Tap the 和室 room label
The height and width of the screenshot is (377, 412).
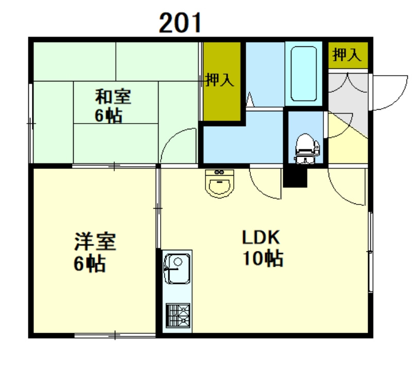pyautogui.click(x=113, y=96)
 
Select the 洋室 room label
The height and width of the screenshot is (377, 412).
pyautogui.click(x=95, y=241)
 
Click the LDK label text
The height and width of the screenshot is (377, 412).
pyautogui.click(x=261, y=237)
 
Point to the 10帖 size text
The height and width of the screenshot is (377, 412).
pyautogui.click(x=263, y=259)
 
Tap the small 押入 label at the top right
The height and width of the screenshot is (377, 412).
pyautogui.click(x=347, y=54)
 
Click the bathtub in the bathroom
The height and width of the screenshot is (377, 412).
pyautogui.click(x=304, y=74)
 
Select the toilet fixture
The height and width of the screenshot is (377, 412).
pyautogui.click(x=306, y=147)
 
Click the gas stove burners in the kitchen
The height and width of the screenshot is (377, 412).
pyautogui.click(x=177, y=314)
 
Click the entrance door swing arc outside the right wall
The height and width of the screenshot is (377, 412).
pyautogui.click(x=387, y=93)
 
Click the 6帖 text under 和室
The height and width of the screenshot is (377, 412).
pyautogui.click(x=108, y=116)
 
